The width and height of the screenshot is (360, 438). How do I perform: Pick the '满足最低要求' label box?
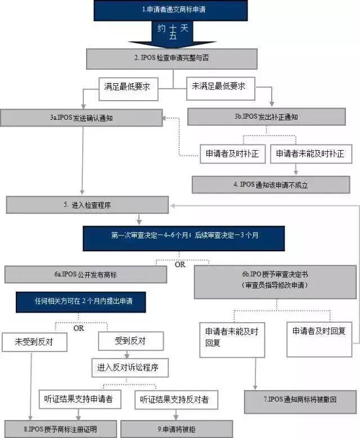128,87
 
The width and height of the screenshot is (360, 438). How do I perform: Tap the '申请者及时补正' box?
232,154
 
